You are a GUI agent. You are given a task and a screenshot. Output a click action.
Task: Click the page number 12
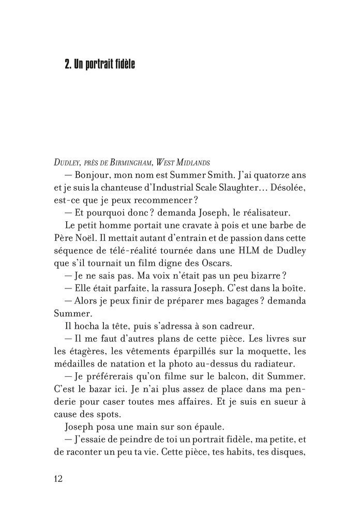(58, 478)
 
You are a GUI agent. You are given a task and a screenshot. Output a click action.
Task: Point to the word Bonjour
(97, 175)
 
